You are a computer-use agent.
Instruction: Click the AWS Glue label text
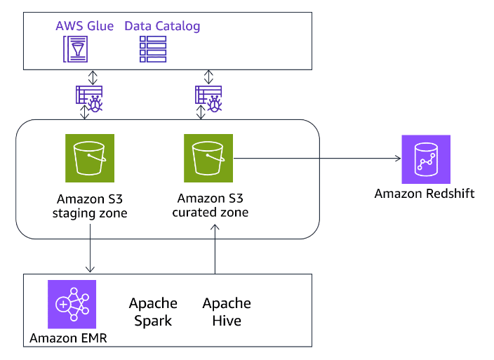coord(84,26)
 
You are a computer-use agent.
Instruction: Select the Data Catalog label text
coord(162,26)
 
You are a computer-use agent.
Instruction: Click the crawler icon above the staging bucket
coord(89,98)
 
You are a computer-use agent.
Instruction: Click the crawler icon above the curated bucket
coord(208,98)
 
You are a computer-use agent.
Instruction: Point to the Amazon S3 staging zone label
coord(90,206)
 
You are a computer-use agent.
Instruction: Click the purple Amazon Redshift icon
coord(425,159)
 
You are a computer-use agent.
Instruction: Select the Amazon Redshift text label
coord(425,193)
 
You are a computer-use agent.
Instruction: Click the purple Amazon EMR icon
coord(72,304)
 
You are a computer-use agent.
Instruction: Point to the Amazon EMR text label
coord(68,338)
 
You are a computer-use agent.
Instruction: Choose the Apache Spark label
coord(153,312)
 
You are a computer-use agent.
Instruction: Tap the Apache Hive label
coord(227,312)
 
